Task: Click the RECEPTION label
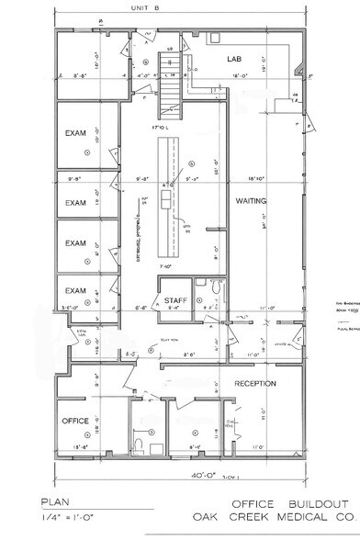pos(255,383)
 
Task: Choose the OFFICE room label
pos(76,422)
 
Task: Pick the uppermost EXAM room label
pos(75,133)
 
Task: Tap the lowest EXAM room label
pos(75,291)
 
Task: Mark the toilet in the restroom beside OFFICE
pos(138,444)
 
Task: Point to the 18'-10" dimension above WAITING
pos(251,179)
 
